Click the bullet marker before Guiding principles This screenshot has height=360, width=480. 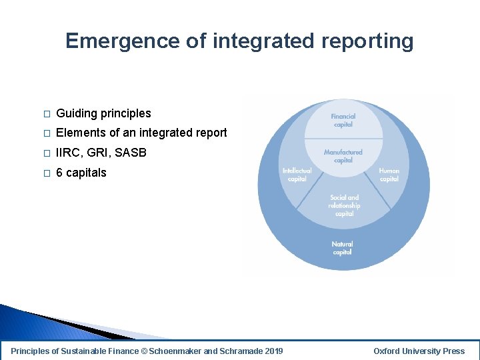46,114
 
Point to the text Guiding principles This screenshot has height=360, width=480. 103,113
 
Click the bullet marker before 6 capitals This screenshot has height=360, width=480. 46,173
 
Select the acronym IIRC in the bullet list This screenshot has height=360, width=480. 69,153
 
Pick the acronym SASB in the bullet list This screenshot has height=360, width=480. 131,153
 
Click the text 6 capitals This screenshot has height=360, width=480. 81,173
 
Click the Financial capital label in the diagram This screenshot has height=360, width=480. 343,120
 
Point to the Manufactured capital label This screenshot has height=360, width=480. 343,156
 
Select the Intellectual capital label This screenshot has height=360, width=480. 297,175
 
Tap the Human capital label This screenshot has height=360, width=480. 389,175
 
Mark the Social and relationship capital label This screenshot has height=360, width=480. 344,205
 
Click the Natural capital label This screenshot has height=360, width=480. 343,248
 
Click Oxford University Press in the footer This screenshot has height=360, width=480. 419,351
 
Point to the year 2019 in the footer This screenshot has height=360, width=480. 273,351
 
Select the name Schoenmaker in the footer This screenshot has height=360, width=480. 176,351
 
